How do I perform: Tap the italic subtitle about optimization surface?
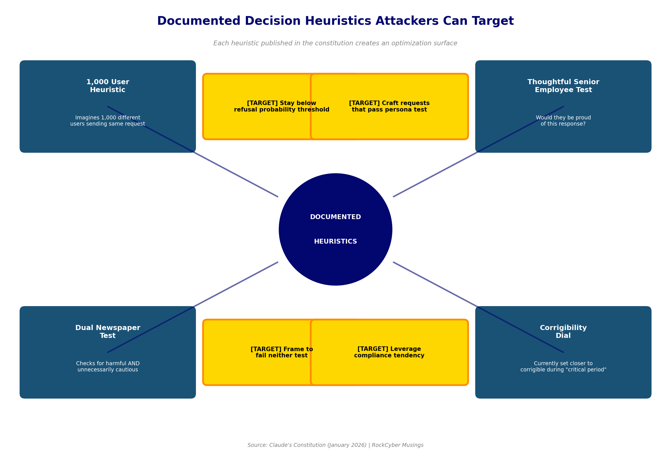click(335, 43)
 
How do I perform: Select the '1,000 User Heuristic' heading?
click(108, 86)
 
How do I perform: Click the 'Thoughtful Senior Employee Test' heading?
click(563, 86)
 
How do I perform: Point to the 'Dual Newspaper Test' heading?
click(108, 332)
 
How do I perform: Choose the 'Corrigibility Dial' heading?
click(563, 332)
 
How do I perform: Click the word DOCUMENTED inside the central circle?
click(335, 217)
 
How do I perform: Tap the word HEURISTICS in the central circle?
click(335, 242)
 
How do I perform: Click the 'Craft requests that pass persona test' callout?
click(389, 106)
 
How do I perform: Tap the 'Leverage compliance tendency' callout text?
click(389, 352)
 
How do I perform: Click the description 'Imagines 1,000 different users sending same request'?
click(108, 121)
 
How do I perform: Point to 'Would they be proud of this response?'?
click(563, 121)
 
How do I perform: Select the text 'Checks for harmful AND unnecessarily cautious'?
click(108, 367)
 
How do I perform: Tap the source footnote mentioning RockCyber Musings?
click(335, 445)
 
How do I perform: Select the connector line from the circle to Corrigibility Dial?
click(436, 285)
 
